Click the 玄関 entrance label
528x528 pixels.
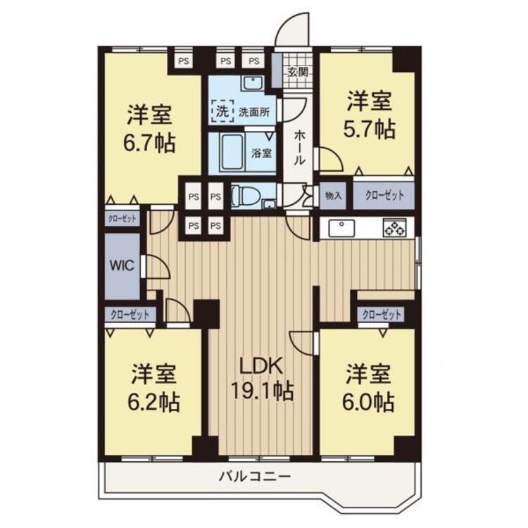click(297, 72)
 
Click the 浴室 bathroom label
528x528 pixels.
click(263, 152)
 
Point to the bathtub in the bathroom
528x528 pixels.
click(227, 151)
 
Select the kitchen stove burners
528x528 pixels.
click(393, 227)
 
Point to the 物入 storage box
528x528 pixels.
click(333, 196)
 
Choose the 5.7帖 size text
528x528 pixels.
click(370, 129)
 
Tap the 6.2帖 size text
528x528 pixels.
click(154, 402)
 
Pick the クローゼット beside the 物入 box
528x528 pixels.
click(383, 196)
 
